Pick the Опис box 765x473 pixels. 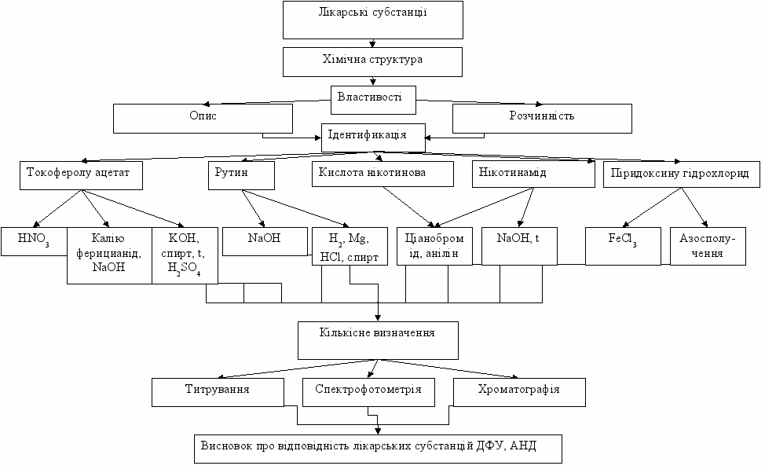coord(203,118)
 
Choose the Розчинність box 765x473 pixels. coord(542,118)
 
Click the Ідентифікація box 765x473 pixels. coord(373,136)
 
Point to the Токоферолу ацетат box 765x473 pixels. coord(81,175)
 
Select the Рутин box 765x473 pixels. coord(240,175)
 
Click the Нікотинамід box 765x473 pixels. coord(533,175)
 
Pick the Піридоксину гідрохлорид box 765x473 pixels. coord(681,175)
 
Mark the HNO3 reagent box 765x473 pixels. coord(34,240)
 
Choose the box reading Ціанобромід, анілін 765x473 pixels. coord(435,245)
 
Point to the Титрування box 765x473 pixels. coord(218,391)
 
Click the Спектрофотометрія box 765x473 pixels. coord(368,391)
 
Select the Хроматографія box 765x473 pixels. coord(519,391)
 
